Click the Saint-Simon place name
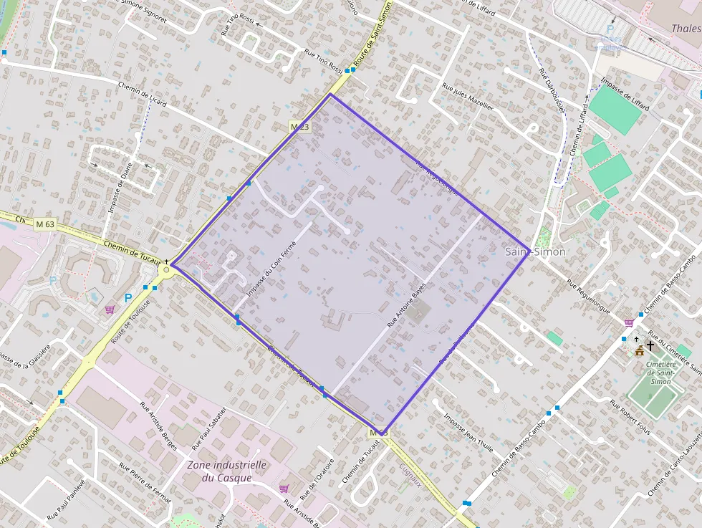click(535, 251)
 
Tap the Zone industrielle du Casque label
click(226, 471)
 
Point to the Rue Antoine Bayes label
click(407, 304)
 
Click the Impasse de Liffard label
click(625, 92)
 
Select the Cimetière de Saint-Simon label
click(658, 372)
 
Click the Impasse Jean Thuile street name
click(468, 433)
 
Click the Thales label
click(686, 29)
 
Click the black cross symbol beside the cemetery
click(650, 346)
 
